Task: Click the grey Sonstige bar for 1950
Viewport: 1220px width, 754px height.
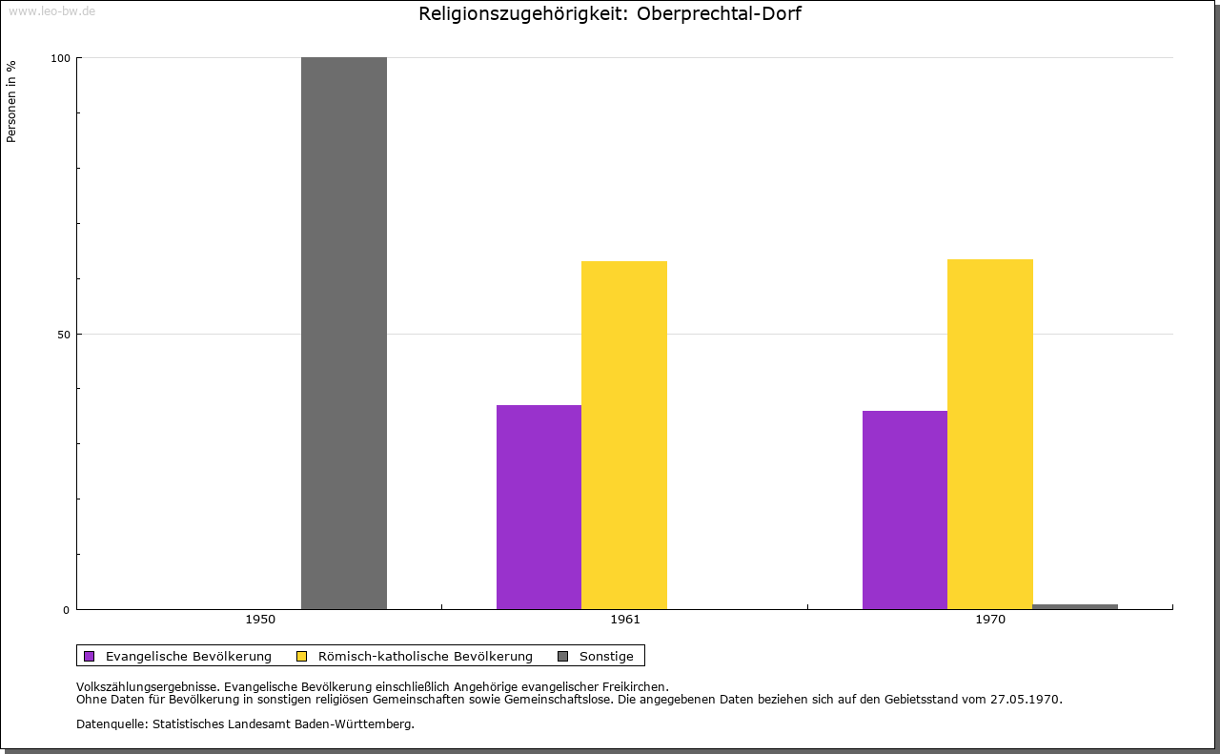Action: tap(344, 334)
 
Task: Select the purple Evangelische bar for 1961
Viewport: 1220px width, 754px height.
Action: tap(539, 507)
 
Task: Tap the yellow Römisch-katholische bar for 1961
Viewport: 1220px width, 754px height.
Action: tap(624, 435)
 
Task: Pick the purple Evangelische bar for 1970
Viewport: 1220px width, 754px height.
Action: tap(905, 510)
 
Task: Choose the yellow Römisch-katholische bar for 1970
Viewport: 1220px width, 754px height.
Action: tap(990, 434)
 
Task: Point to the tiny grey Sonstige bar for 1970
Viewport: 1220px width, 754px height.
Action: tap(1075, 606)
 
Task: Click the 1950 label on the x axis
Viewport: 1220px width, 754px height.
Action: tap(260, 620)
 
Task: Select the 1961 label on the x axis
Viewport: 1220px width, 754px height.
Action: tap(625, 620)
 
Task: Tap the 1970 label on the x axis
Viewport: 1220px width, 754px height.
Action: tap(990, 620)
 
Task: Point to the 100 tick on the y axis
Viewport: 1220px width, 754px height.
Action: tap(60, 58)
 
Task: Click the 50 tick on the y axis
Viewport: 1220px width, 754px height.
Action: tap(63, 335)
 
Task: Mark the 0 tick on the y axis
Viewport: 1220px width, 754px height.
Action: tap(67, 610)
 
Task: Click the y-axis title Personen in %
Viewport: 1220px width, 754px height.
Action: tap(11, 101)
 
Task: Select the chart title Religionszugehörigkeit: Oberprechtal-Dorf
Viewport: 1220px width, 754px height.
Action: tap(610, 14)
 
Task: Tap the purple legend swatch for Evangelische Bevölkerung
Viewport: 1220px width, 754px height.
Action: tap(90, 656)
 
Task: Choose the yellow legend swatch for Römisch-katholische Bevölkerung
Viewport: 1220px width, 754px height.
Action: tap(301, 656)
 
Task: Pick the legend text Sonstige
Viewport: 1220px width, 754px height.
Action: tap(606, 656)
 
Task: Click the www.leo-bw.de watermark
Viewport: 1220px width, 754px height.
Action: tap(51, 11)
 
